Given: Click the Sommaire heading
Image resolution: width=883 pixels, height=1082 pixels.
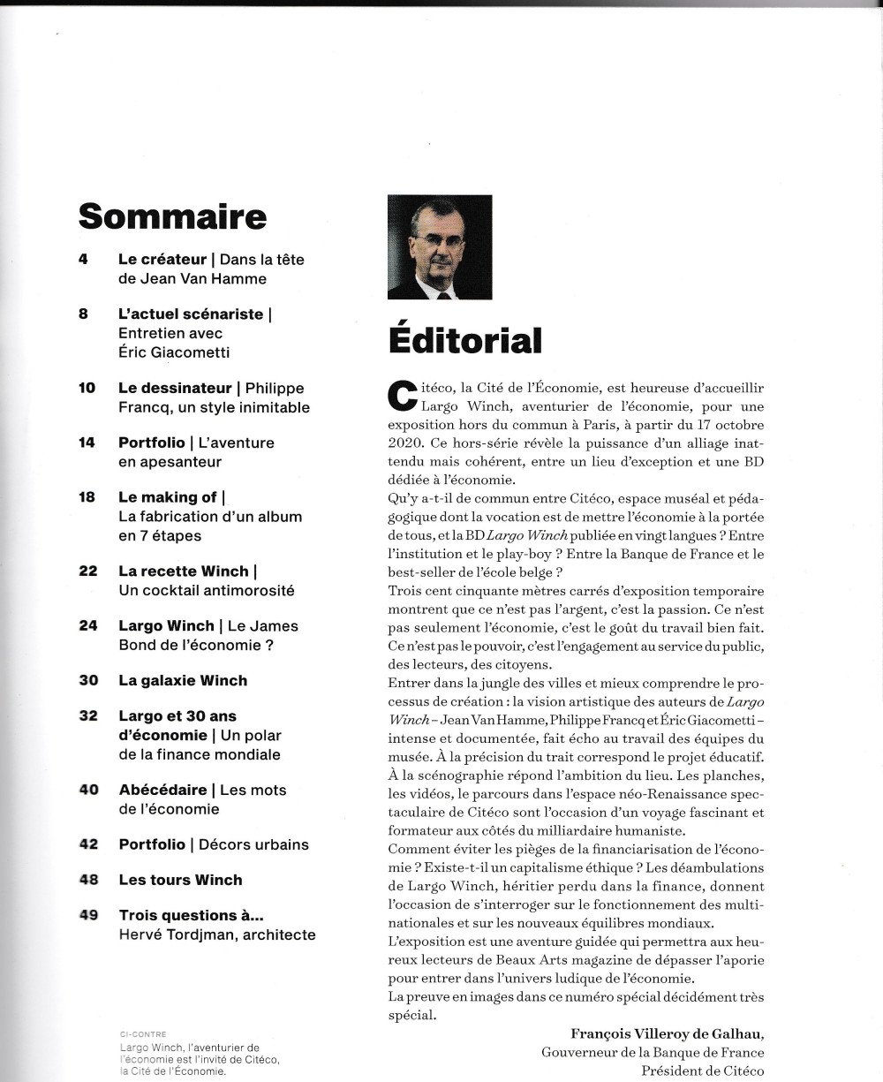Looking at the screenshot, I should click(172, 216).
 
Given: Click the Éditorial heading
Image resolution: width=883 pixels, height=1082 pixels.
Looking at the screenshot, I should click(464, 340).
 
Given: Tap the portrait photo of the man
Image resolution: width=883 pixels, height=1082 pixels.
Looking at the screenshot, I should click(440, 246).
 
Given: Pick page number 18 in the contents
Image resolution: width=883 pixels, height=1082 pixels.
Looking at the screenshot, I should click(87, 497).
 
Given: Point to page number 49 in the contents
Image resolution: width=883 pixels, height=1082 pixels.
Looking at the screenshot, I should click(87, 915).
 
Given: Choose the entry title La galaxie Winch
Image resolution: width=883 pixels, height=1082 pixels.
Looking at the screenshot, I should click(183, 680).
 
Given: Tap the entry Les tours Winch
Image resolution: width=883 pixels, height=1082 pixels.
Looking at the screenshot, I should click(180, 880).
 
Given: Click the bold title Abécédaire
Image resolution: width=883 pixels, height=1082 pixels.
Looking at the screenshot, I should click(162, 790).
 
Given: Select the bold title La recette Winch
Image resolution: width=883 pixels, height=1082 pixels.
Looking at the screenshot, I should click(184, 571).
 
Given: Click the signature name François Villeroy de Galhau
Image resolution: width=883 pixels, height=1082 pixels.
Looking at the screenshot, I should click(667, 1033).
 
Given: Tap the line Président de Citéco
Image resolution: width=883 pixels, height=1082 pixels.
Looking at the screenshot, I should click(702, 1071).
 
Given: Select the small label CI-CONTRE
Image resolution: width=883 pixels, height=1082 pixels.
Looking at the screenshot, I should click(142, 1033).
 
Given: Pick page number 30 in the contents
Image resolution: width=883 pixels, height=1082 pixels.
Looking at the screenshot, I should click(87, 680).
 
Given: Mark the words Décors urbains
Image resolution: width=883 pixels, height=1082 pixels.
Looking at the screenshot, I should click(253, 844).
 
